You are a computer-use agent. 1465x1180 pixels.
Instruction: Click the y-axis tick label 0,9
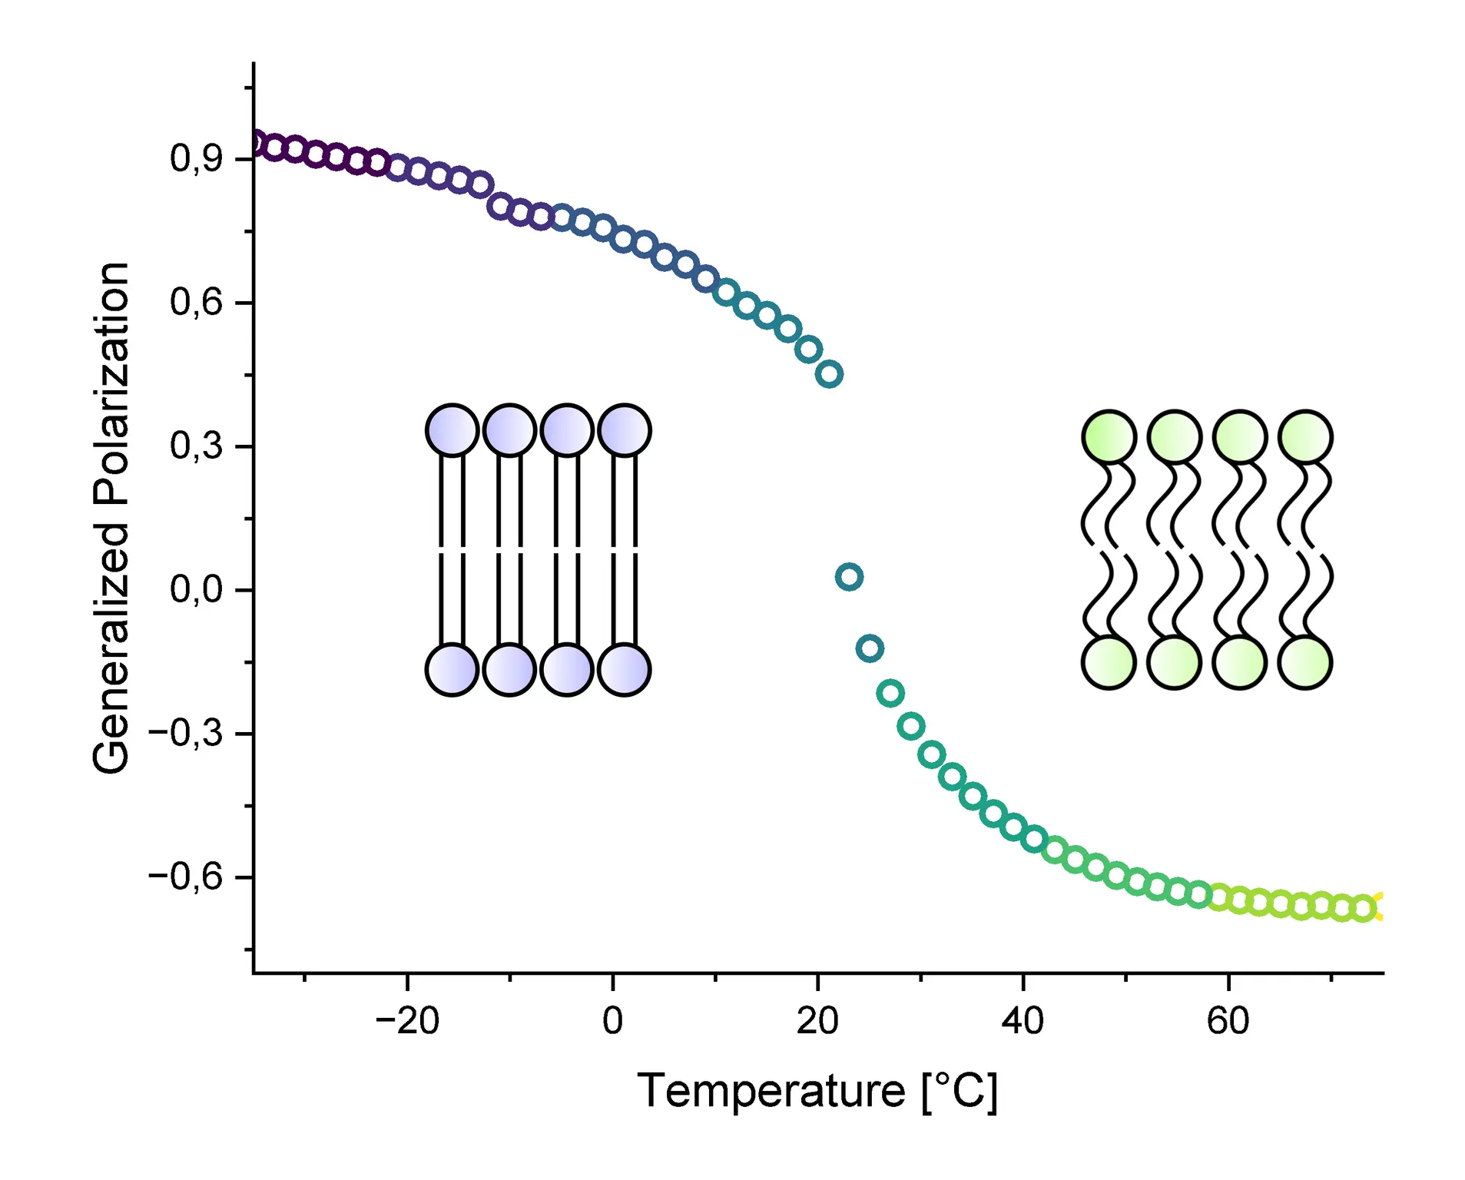click(x=196, y=159)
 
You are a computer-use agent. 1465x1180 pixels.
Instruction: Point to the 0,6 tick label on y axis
click(x=196, y=303)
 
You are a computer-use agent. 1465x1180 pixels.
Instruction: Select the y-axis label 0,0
click(x=196, y=590)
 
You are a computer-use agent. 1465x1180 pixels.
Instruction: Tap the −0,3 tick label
click(x=185, y=734)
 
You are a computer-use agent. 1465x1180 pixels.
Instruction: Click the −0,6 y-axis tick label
click(x=185, y=877)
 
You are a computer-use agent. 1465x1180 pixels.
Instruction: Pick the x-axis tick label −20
click(x=407, y=1022)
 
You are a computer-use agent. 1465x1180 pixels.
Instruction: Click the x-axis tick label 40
click(x=1023, y=1022)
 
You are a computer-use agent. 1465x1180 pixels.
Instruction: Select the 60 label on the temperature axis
click(x=1228, y=1022)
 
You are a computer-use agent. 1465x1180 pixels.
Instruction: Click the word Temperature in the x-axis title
click(x=771, y=1091)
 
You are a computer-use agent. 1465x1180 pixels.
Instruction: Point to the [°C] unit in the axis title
click(x=960, y=1091)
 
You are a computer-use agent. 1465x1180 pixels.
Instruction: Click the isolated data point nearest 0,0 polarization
click(x=849, y=576)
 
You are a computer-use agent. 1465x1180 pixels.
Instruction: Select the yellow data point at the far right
click(x=1380, y=907)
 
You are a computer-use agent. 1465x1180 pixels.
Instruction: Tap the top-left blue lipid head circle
click(x=452, y=430)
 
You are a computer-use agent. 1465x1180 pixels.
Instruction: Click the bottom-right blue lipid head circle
click(x=625, y=670)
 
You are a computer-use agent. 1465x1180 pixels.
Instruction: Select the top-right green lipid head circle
click(x=1305, y=436)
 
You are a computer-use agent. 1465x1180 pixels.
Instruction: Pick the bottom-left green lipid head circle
click(x=1109, y=662)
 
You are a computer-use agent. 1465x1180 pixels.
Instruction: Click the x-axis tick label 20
click(x=817, y=1022)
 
